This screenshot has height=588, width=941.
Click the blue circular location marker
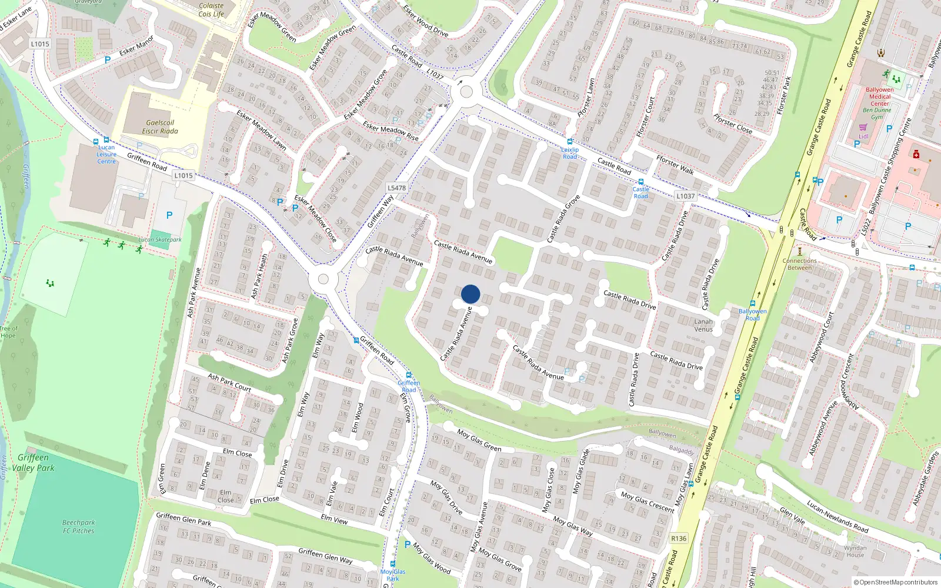pyautogui.click(x=470, y=294)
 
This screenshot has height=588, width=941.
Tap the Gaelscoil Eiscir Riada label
pyautogui.click(x=160, y=127)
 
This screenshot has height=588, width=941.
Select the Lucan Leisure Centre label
pyautogui.click(x=106, y=155)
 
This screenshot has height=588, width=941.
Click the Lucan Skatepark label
pyautogui.click(x=160, y=239)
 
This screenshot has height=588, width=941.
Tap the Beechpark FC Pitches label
pyautogui.click(x=79, y=526)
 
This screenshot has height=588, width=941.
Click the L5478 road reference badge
pyautogui.click(x=397, y=188)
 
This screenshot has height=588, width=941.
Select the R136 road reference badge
pyautogui.click(x=679, y=539)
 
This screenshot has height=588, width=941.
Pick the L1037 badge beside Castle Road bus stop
pyautogui.click(x=685, y=196)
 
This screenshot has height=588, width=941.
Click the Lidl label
pyautogui.click(x=863, y=136)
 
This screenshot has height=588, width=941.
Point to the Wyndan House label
pyautogui.click(x=855, y=551)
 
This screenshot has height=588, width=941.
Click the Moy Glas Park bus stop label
pyautogui.click(x=393, y=575)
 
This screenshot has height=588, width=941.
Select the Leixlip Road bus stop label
pyautogui.click(x=570, y=153)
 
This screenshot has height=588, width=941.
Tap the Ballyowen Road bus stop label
pyautogui.click(x=753, y=315)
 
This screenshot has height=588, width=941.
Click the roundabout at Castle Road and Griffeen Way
pyautogui.click(x=466, y=92)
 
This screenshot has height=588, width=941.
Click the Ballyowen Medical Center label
pyautogui.click(x=880, y=96)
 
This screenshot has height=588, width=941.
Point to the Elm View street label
pyautogui.click(x=334, y=519)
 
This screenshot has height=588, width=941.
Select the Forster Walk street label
pyautogui.click(x=675, y=165)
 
